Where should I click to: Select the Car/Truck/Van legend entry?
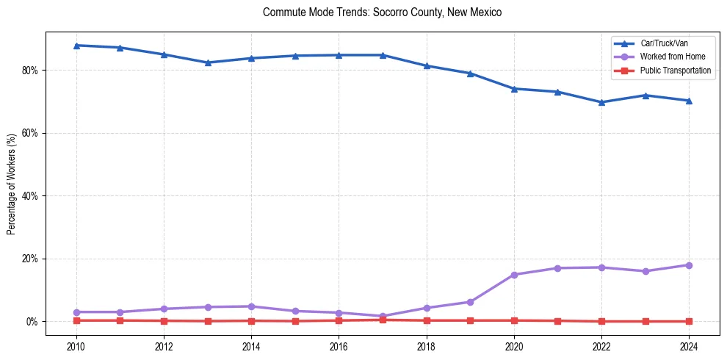pyautogui.click(x=663, y=43)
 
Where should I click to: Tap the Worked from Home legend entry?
pyautogui.click(x=666, y=57)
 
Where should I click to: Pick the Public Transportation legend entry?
pyautogui.click(x=675, y=71)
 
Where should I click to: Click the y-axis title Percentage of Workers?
pyautogui.click(x=12, y=184)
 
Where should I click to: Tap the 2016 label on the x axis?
pyautogui.click(x=339, y=346)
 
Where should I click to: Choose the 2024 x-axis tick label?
pyautogui.click(x=689, y=346)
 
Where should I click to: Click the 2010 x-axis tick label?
pyautogui.click(x=76, y=346)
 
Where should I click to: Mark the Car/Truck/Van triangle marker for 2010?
pyautogui.click(x=76, y=46)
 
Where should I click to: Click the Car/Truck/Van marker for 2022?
pyautogui.click(x=601, y=102)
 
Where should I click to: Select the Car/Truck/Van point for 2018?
pyautogui.click(x=427, y=66)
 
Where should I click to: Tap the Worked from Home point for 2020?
pyautogui.click(x=514, y=275)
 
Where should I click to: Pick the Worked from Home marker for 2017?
pyautogui.click(x=383, y=316)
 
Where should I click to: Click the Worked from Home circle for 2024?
pyautogui.click(x=689, y=265)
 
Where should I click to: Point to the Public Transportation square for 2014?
pyautogui.click(x=251, y=320)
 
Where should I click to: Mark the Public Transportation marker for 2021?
pyautogui.click(x=557, y=320)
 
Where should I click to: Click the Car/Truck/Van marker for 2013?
pyautogui.click(x=208, y=62)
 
